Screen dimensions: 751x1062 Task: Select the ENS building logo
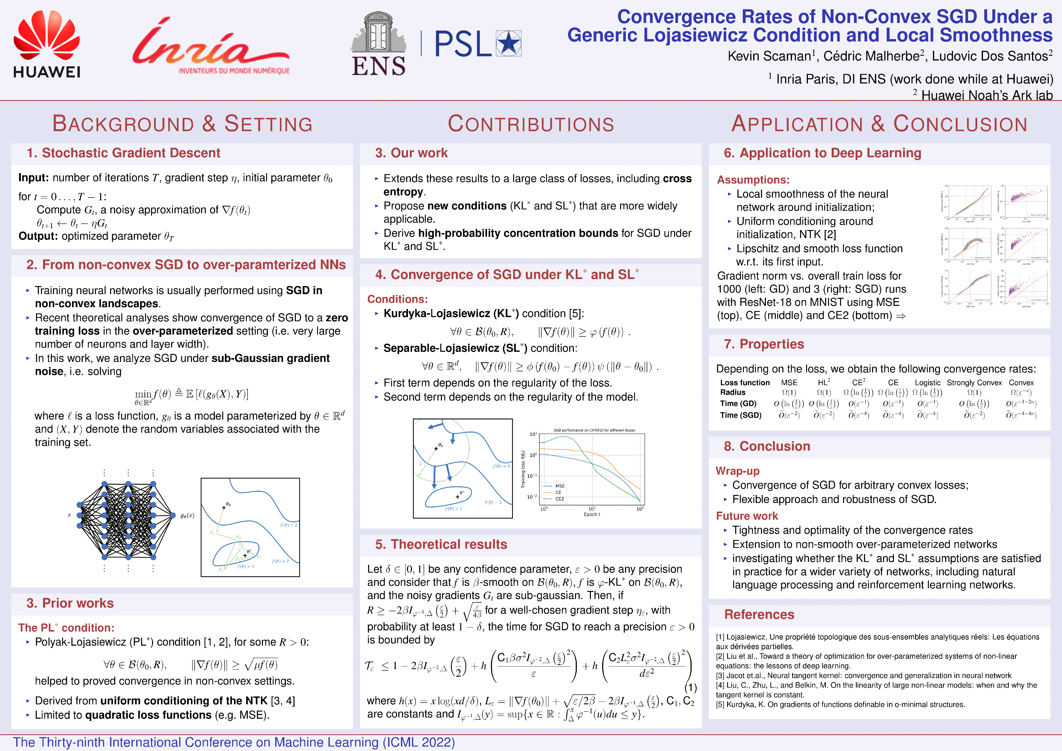378,44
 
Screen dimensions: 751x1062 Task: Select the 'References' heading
759,615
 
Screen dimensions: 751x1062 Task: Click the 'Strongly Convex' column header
974,383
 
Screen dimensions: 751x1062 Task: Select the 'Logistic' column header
927,383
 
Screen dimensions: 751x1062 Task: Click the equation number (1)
690,688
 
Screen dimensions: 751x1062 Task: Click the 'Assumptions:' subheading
753,180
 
